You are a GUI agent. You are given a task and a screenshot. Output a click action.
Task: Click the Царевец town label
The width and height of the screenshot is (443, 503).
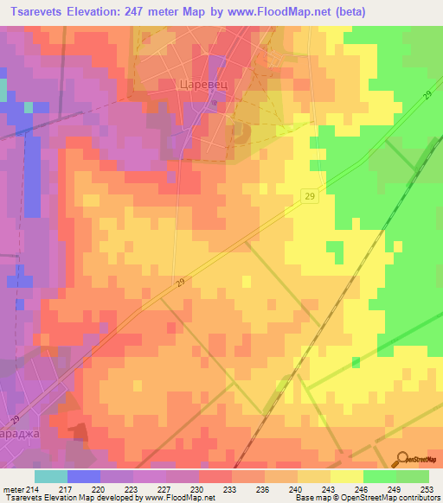[x=202, y=85]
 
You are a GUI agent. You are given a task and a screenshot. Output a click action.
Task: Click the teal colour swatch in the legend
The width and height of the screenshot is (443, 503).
[x=50, y=476]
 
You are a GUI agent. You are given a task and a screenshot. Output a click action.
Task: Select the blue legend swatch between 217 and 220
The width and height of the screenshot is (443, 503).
[x=83, y=476]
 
